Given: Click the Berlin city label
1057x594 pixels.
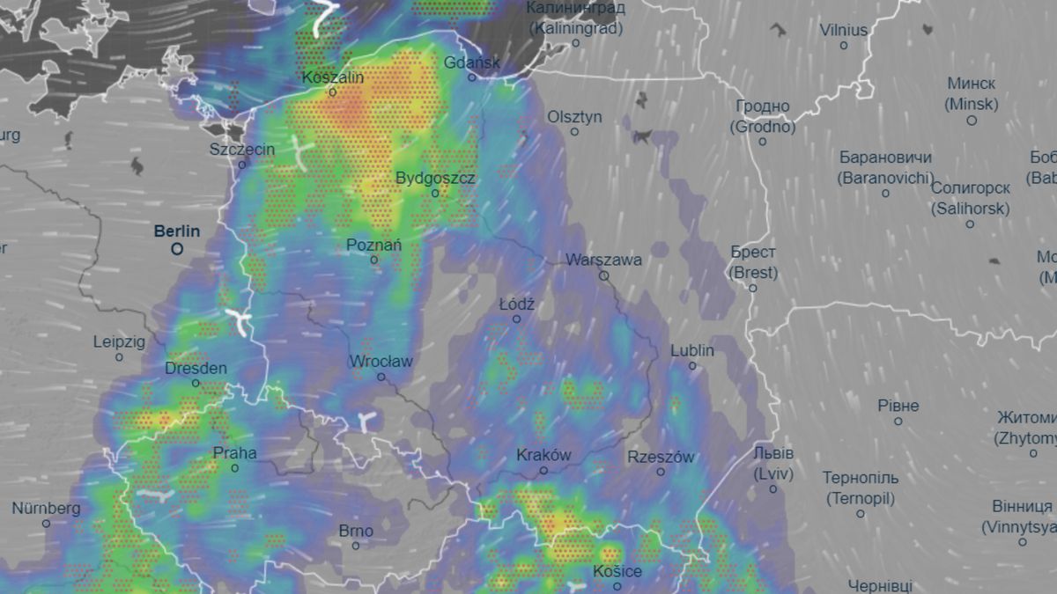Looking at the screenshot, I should click(177, 231).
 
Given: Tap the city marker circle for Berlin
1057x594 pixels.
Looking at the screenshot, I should click(177, 249).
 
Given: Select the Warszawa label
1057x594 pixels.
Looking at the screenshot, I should click(603, 260).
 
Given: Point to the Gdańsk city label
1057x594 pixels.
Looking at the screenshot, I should click(472, 62).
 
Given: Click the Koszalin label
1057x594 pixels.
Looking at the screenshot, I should click(333, 77).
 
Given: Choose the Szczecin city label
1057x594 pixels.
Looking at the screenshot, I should click(242, 150).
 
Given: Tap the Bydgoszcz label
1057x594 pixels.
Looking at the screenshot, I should click(435, 178).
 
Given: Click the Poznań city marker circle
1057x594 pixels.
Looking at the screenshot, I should click(374, 260).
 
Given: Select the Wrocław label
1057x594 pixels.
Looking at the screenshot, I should click(381, 361).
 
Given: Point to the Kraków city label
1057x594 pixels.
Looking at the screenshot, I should click(543, 455).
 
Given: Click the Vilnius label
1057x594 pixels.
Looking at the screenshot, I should click(843, 30).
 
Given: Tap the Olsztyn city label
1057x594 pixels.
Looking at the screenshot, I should click(574, 116).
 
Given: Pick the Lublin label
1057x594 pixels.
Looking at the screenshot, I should click(692, 350).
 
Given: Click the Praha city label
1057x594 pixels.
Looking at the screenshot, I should click(235, 453).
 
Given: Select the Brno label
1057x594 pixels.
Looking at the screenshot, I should click(356, 531).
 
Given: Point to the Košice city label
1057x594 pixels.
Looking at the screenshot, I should click(617, 571).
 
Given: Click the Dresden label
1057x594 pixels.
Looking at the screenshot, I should click(196, 369).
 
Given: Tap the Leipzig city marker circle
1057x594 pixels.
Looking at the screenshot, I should click(120, 357).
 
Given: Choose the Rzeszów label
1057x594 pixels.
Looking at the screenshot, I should click(661, 457).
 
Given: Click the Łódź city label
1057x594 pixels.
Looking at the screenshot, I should click(517, 304).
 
